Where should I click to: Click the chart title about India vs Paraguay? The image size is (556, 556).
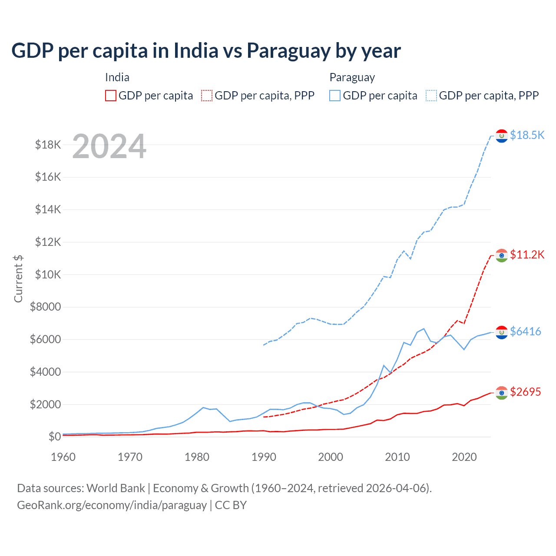click(x=206, y=51)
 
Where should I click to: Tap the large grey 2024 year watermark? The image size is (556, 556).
click(x=109, y=146)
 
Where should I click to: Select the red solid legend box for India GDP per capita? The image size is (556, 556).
click(x=111, y=96)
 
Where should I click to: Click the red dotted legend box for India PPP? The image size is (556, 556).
click(x=207, y=96)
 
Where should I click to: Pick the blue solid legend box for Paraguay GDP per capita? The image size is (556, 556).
click(x=335, y=96)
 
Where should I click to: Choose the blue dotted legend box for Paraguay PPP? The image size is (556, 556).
click(x=431, y=96)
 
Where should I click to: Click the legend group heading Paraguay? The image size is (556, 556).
click(x=352, y=77)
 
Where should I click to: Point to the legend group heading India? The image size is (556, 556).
click(x=117, y=77)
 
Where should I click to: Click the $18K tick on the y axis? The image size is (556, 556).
click(x=48, y=145)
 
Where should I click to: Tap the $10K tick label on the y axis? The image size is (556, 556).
click(x=48, y=275)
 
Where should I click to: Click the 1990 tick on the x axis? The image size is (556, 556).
click(x=264, y=457)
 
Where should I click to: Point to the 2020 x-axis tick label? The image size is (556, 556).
click(x=464, y=457)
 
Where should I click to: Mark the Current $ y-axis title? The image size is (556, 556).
click(x=18, y=278)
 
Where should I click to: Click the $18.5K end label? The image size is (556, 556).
click(x=527, y=135)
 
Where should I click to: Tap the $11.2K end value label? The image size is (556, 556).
click(x=527, y=255)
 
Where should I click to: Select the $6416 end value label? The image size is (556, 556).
click(x=525, y=331)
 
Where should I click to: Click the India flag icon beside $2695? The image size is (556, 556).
click(x=502, y=393)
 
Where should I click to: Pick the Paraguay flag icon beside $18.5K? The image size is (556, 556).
click(x=502, y=136)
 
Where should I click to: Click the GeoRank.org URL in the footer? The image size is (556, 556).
click(x=112, y=505)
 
